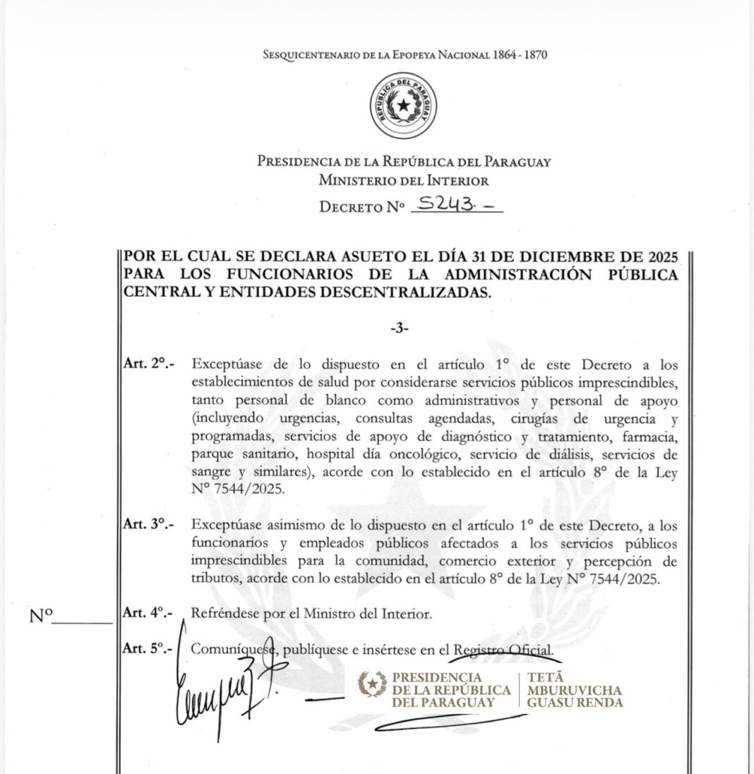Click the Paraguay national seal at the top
(x=404, y=106)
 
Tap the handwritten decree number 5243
(x=445, y=204)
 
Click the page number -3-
(x=399, y=328)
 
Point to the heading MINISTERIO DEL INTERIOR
(x=403, y=180)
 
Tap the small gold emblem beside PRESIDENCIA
(x=372, y=684)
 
